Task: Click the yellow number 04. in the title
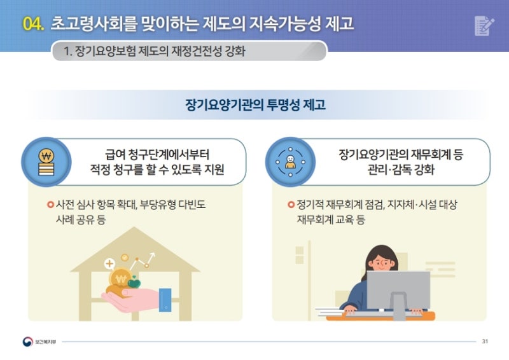point(33,24)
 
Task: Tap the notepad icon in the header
point(484,25)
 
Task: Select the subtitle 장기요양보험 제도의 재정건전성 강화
point(160,52)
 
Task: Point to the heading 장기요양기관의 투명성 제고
point(255,105)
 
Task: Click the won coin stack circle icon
point(46,162)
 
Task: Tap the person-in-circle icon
point(290,162)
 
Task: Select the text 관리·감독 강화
point(401,169)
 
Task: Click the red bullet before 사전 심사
point(50,205)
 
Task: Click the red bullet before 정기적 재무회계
point(291,205)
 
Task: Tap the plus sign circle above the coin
point(109,263)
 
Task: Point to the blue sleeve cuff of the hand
point(165,300)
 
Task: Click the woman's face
point(382,263)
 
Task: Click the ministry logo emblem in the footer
point(27,342)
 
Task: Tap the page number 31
point(485,341)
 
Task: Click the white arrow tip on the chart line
point(153,254)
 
